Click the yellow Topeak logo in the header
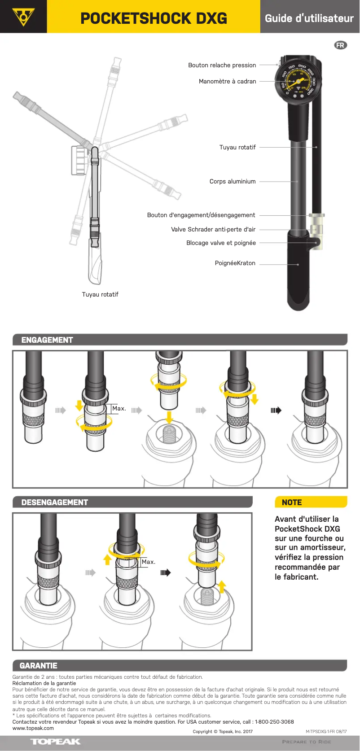(23, 17)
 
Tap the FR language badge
(341, 45)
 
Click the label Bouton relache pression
(222, 65)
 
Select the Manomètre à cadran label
(227, 81)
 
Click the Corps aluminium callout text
(233, 181)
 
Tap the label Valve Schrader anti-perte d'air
(213, 229)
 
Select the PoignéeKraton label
(235, 263)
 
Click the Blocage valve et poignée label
(221, 243)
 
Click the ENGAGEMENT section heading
(47, 340)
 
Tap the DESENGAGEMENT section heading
(55, 502)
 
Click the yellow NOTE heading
(292, 502)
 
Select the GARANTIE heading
(39, 666)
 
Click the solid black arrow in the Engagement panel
(276, 410)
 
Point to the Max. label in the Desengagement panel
(149, 562)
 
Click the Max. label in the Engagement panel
(119, 408)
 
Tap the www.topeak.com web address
(33, 728)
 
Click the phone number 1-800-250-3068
(274, 722)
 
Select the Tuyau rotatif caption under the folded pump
(100, 294)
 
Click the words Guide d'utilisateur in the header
(309, 18)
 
